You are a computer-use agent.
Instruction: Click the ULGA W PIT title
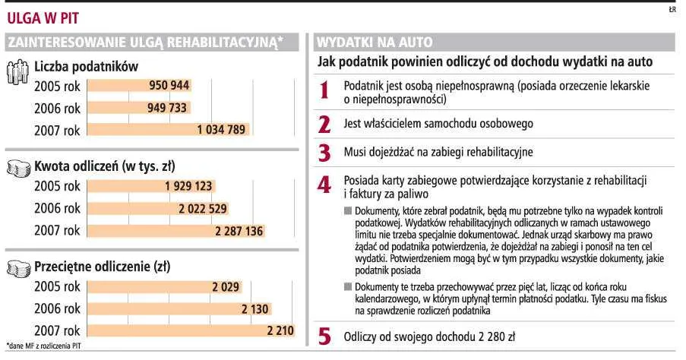pos(43,18)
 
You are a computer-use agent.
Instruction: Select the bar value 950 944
pos(169,85)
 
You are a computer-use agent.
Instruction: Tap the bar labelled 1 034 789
pos(169,129)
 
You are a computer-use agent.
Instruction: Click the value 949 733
pos(167,108)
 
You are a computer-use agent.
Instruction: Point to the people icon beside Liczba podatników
pos(18,71)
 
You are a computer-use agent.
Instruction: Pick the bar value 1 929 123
pos(188,186)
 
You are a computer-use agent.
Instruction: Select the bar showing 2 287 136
pos(176,231)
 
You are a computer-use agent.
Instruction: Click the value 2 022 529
pos(203,209)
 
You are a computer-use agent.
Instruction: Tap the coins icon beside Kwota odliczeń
pos(19,169)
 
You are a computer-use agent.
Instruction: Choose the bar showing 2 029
pos(165,287)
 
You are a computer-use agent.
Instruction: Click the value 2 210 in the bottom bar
pos(280,330)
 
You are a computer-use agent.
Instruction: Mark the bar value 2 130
pos(254,309)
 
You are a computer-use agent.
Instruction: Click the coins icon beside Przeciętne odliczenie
pos(19,269)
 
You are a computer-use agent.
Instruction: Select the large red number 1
pos(324,90)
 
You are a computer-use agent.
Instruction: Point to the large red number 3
pos(324,153)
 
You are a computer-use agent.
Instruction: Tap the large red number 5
pos(324,337)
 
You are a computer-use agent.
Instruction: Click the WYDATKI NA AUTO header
pos(375,42)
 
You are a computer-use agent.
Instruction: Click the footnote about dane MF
pos(44,346)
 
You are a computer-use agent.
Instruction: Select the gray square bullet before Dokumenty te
pos(348,287)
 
